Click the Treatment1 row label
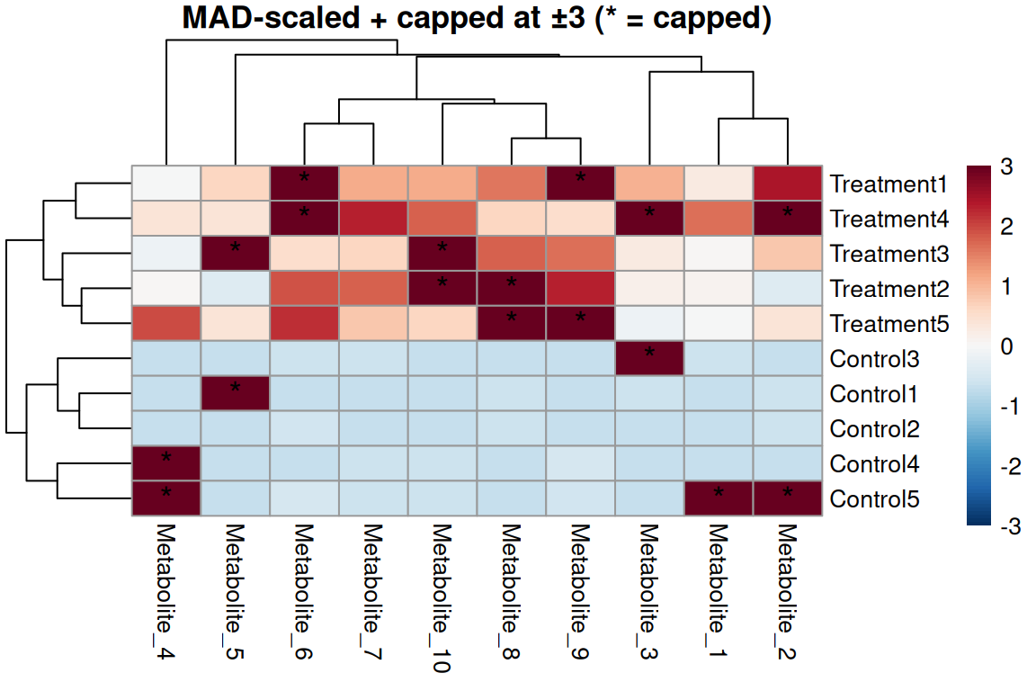[x=889, y=184]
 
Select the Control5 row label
[x=874, y=499]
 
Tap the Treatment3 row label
[x=889, y=255]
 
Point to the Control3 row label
[x=874, y=359]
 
